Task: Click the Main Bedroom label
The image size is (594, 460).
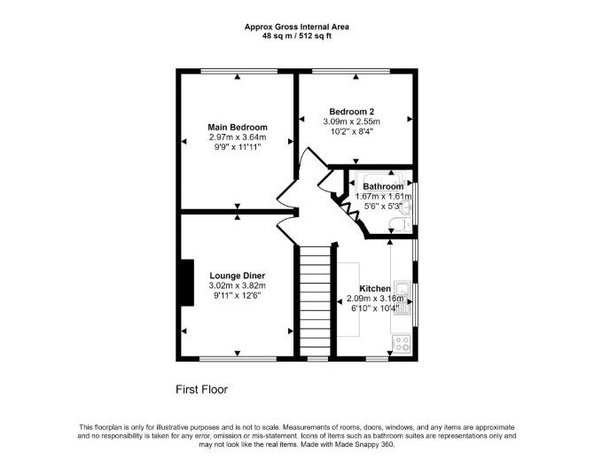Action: coord(238,128)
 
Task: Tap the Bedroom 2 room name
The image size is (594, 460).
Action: coord(352,112)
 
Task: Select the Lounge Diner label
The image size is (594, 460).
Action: coord(238,276)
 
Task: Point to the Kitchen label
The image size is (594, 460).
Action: coord(375,288)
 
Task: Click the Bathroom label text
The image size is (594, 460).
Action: coord(383,187)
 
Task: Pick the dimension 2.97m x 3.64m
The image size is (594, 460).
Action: coord(238,137)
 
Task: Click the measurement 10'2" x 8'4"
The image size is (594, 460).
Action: coord(352,131)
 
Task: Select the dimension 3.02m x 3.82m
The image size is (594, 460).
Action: coord(238,286)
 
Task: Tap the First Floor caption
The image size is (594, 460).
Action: coord(201,390)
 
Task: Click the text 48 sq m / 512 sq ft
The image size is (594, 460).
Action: coord(297,36)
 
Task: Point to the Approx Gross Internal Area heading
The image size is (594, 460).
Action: coord(297,27)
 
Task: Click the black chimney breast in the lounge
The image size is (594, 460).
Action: coord(188,283)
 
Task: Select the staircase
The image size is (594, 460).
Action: coord(316,301)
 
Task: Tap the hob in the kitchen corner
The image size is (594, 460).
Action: coord(402,344)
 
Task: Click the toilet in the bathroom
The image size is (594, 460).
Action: coord(400,226)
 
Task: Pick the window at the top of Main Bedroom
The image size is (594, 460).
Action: coord(238,71)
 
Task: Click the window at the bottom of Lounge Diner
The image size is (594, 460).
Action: coord(238,359)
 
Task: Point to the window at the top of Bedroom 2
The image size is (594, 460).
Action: coord(351,71)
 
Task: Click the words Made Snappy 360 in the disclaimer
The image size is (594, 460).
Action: coord(364,444)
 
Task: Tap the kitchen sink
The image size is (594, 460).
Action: coord(403,298)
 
